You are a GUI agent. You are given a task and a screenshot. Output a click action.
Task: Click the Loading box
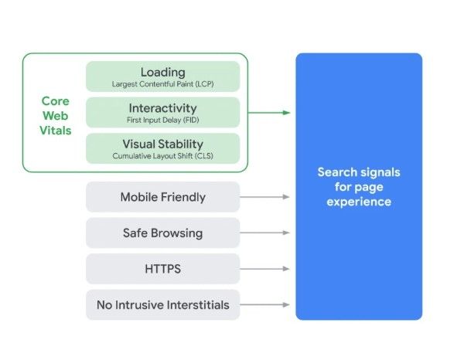point(162,76)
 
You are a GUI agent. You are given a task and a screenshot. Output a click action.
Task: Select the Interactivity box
point(162,112)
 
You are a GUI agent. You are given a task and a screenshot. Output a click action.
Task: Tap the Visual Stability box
point(162,148)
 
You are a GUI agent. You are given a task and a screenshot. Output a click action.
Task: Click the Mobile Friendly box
point(162,197)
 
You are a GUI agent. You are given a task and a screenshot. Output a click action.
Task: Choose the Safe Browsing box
point(162,233)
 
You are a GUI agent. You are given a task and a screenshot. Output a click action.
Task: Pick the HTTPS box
point(162,269)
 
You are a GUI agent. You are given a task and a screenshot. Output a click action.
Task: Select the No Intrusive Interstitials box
point(162,304)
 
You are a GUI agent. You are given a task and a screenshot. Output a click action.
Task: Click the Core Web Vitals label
point(56,116)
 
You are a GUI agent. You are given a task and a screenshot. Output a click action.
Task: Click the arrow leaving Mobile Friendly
point(265,197)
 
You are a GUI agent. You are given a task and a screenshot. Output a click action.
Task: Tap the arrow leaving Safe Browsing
point(265,233)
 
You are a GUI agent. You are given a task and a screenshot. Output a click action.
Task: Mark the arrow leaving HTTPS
point(265,269)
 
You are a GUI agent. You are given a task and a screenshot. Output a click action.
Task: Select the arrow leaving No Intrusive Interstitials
point(265,304)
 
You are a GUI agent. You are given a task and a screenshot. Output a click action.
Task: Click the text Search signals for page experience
point(359,186)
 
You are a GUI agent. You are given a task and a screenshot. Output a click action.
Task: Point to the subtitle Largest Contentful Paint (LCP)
point(162,83)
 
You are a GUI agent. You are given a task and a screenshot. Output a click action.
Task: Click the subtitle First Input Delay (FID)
point(162,120)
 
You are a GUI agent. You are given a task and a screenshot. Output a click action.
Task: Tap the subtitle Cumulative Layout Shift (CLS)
point(162,155)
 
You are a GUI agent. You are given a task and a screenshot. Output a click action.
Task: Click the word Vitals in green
point(56,131)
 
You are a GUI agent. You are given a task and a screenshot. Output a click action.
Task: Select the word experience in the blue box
point(359,202)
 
